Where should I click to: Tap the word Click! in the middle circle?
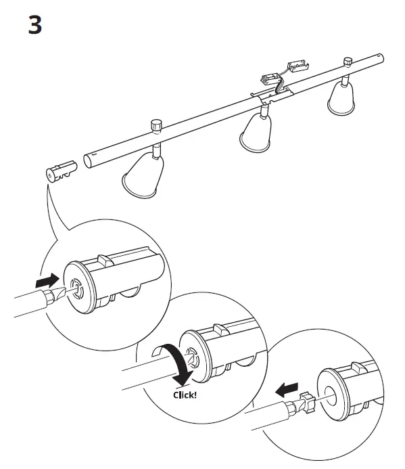pos(185,394)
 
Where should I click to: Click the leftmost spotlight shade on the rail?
pos(140,175)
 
